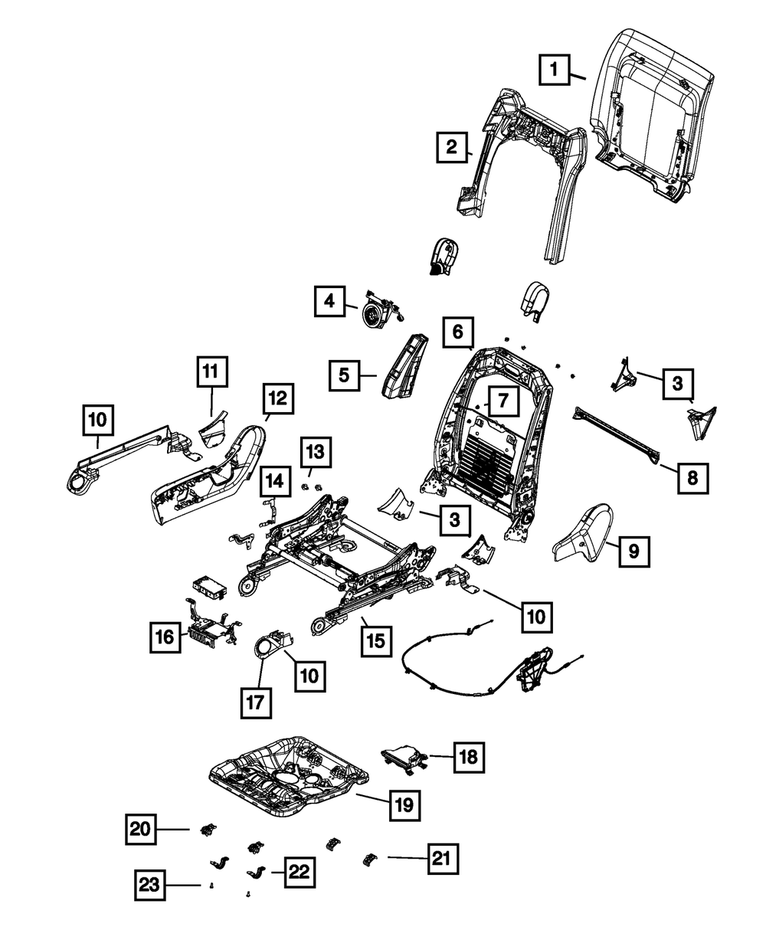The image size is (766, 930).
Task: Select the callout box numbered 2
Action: pyautogui.click(x=452, y=146)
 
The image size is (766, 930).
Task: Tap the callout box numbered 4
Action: pyautogui.click(x=329, y=302)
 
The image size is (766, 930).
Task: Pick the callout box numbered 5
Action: pyautogui.click(x=345, y=375)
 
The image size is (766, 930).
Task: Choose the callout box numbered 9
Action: pyautogui.click(x=634, y=549)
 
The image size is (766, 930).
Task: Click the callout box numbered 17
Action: pyautogui.click(x=257, y=702)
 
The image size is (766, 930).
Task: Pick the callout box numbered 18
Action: pyautogui.click(x=468, y=758)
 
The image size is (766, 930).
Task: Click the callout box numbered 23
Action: pyautogui.click(x=151, y=886)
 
